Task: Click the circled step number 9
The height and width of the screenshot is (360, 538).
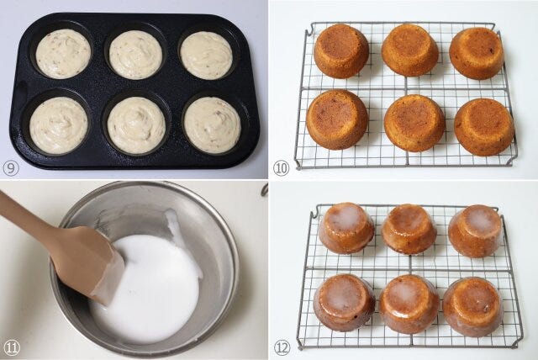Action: [x=11, y=168]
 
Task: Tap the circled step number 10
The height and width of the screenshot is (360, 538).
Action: [x=281, y=168]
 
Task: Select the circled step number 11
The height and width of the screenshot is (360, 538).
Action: [x=11, y=348]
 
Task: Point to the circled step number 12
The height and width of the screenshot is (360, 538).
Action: [x=282, y=348]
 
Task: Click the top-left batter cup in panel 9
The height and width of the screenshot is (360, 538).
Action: [x=63, y=54]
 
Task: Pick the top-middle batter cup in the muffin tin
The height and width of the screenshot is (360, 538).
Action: [x=136, y=55]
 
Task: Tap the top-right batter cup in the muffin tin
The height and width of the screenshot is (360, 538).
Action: [x=206, y=56]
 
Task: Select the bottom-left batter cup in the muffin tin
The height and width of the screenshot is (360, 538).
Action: [x=59, y=125]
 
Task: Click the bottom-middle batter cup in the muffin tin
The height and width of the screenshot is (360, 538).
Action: [x=136, y=125]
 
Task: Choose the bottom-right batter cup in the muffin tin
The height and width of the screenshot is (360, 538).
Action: [x=213, y=125]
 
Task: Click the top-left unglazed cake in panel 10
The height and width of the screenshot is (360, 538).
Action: [x=341, y=51]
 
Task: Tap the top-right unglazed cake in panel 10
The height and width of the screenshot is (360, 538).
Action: [x=477, y=53]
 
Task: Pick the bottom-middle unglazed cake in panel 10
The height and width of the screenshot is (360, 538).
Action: [x=414, y=123]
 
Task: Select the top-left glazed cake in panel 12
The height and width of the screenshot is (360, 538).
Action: [x=346, y=228]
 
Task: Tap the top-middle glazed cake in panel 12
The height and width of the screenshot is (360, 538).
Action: [x=409, y=230]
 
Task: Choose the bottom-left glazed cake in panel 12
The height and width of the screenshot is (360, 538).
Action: [x=344, y=303]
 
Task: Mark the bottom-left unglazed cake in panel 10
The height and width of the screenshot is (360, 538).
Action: [x=337, y=119]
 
